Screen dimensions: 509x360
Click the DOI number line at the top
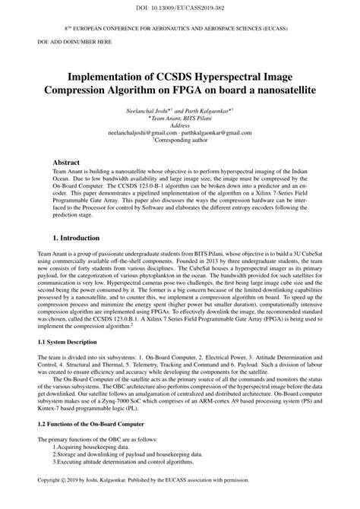pos(179,6)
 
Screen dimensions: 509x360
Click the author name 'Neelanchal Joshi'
pos(151,111)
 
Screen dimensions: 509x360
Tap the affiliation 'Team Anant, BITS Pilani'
pos(180,119)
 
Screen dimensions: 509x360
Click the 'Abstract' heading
pos(67,163)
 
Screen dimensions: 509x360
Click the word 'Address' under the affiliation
pos(180,125)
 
